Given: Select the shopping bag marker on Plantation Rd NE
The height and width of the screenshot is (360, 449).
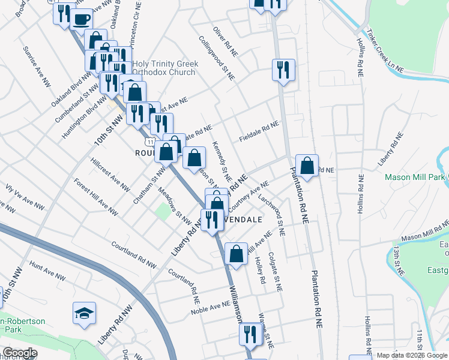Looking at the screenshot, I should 307,166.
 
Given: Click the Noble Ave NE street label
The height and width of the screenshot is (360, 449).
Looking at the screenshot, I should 211,308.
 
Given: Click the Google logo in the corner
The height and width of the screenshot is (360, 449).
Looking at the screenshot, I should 19,352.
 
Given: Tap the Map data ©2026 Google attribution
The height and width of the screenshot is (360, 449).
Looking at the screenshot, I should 412,355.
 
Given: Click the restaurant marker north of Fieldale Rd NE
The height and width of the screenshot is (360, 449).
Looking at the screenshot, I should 282,70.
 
